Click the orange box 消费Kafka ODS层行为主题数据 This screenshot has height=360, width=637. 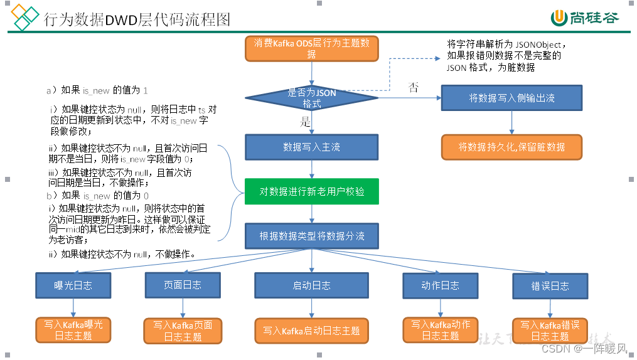pos(311,49)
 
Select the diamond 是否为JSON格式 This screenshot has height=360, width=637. pos(311,98)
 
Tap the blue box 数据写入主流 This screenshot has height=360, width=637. pos(311,147)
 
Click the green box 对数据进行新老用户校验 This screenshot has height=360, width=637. pos(311,191)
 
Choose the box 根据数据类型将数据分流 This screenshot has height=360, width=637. pos(311,236)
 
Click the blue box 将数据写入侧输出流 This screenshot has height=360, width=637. pos(511,98)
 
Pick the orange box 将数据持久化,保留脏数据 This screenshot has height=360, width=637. pos(511,147)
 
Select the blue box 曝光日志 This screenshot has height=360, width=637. pos(73,285)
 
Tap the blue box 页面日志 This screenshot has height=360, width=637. pos(183,285)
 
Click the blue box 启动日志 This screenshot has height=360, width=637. pos(311,285)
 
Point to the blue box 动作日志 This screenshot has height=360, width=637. pos(440,285)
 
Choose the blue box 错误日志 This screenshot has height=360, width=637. pos(550,286)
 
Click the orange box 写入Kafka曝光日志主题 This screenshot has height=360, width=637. pos(73,330)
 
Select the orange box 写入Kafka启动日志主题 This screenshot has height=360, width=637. pos(311,331)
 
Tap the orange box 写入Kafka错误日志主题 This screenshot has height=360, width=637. pos(550,331)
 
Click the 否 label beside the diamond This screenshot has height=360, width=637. pos(414,87)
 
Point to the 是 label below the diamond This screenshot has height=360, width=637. pos(306,120)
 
